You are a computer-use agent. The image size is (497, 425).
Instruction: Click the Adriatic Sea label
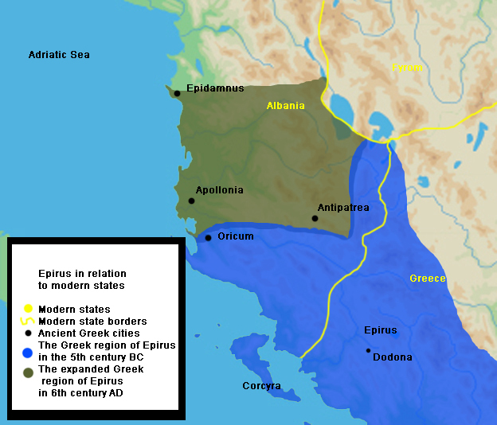coord(59,55)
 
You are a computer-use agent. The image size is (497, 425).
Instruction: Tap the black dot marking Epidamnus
coord(177,93)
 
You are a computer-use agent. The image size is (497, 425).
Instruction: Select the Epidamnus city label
coord(214,88)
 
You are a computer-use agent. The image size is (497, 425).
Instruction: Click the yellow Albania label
coord(285,106)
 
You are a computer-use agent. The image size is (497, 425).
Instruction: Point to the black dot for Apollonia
coord(191,201)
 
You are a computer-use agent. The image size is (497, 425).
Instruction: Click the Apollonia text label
coord(219,190)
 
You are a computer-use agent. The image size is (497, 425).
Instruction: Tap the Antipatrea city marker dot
coord(315,218)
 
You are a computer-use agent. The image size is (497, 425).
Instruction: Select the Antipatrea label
coord(343,207)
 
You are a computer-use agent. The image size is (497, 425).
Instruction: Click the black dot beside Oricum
coord(208,238)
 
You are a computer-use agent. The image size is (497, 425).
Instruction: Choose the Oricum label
coord(236,236)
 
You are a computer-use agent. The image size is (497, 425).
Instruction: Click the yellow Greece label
coord(427,279)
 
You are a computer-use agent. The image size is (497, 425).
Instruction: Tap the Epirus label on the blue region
coord(380,329)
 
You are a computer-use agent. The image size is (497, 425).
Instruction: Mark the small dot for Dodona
coord(368,350)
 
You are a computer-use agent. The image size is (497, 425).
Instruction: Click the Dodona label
coord(393,357)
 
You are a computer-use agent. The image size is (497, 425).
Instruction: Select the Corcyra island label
coord(261,386)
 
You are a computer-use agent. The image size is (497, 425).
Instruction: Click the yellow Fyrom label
coord(407,68)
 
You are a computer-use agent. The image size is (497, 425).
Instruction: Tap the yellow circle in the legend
coord(28,309)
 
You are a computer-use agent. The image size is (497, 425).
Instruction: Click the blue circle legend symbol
coord(28,351)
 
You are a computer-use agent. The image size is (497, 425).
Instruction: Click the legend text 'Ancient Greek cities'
coord(89,333)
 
